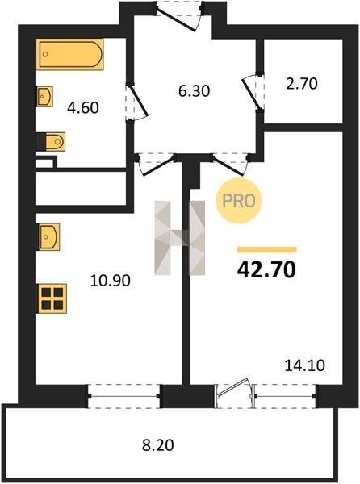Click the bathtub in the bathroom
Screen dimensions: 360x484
coord(71,54)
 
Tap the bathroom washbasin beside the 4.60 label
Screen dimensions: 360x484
coord(44,97)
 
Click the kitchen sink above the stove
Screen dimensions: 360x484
coord(48,236)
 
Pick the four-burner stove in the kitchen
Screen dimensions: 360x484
coord(52,298)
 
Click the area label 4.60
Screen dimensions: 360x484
coord(83,108)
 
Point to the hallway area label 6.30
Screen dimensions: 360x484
coord(195,91)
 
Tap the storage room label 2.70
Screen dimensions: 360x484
coord(302,84)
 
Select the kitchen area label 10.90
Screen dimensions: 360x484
coord(111,281)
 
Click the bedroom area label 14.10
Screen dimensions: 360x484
coord(305,365)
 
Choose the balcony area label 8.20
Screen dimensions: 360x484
coord(158,445)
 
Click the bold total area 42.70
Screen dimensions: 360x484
coord(266,269)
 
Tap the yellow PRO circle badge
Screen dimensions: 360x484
coord(238,201)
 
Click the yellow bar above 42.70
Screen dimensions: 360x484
coord(266,249)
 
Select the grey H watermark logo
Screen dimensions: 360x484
coord(180,238)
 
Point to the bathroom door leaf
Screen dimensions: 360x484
coord(137,101)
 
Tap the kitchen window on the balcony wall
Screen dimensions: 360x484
coord(123,396)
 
